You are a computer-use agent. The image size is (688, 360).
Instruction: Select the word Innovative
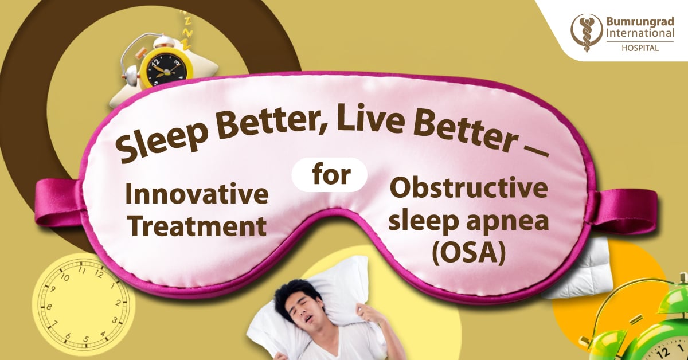(x=197, y=194)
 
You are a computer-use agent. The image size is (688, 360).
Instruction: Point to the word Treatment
(x=197, y=225)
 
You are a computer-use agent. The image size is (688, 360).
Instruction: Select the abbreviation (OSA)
(x=469, y=254)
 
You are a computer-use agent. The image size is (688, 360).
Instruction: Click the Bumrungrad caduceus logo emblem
(x=587, y=33)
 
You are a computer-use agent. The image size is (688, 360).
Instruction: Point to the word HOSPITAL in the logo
(x=640, y=48)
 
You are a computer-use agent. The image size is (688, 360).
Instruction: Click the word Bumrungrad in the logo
(x=640, y=22)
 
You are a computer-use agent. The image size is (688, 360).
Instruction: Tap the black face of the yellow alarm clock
(x=166, y=70)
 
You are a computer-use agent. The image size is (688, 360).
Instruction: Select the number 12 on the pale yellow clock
(x=99, y=274)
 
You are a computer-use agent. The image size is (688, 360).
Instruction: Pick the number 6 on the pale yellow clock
(x=68, y=336)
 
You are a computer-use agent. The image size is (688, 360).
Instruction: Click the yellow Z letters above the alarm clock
(x=185, y=30)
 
